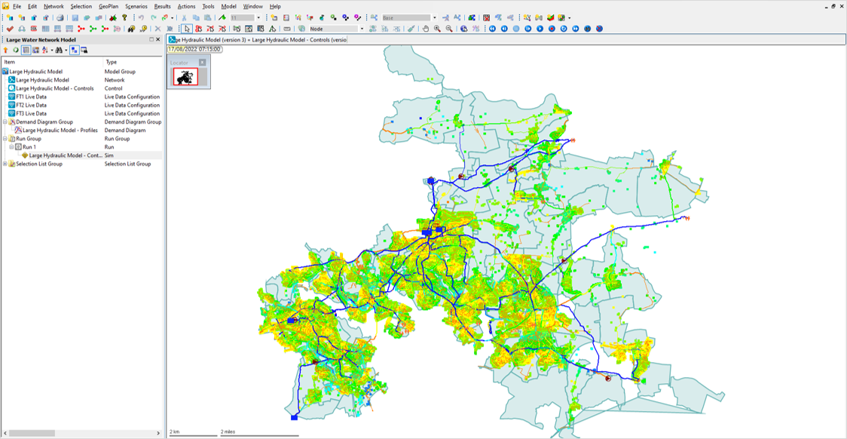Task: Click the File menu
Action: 17,6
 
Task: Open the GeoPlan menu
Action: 109,6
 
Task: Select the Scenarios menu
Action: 136,6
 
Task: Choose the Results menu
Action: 162,6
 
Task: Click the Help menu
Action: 275,6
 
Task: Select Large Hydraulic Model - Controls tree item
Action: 55,88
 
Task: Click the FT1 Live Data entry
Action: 31,97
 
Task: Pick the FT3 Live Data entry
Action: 31,114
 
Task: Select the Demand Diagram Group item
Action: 44,122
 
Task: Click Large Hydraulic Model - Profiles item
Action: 60,130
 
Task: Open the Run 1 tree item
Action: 29,147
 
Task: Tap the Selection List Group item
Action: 39,164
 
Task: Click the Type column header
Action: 112,62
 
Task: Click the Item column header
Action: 10,62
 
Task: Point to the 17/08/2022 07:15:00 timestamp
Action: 194,49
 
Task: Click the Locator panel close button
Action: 202,63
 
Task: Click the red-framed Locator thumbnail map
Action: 185,76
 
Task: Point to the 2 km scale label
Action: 175,432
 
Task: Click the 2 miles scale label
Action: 228,432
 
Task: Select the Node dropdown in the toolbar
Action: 335,29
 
